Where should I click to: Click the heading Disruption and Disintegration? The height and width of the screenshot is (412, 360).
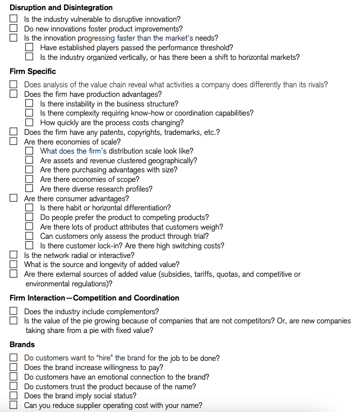click(x=61, y=8)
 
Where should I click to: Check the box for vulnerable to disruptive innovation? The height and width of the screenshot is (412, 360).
click(x=14, y=19)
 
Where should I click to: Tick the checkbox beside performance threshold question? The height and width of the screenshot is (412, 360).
click(x=30, y=48)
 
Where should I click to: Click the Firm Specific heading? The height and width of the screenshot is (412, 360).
click(x=33, y=71)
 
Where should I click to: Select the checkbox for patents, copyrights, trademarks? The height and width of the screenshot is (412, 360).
click(x=14, y=132)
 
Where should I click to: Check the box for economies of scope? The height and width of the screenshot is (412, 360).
click(x=30, y=179)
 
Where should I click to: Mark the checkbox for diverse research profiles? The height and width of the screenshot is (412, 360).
click(x=30, y=189)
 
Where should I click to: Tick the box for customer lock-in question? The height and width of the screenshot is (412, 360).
click(x=30, y=246)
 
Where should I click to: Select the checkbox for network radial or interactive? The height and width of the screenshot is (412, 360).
click(x=14, y=255)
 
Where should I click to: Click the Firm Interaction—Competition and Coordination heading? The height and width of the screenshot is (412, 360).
click(x=94, y=298)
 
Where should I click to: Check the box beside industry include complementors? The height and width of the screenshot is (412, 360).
click(x=14, y=311)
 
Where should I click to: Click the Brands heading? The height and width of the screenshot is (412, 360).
click(x=22, y=345)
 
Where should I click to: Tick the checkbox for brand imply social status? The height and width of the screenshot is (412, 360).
click(x=14, y=396)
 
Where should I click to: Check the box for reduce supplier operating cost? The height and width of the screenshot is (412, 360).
click(x=14, y=405)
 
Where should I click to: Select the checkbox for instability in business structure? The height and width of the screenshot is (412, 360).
click(x=30, y=104)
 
